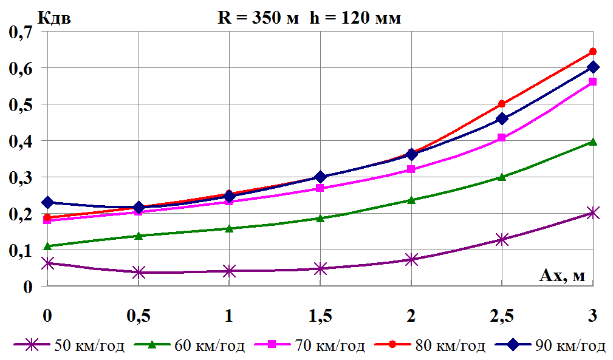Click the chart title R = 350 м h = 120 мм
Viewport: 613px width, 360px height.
tap(309, 18)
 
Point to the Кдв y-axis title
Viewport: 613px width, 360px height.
tap(55, 18)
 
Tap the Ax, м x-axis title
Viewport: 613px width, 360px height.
tap(562, 276)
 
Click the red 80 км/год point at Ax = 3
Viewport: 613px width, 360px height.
tap(593, 52)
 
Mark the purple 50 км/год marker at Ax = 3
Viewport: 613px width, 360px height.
tap(593, 212)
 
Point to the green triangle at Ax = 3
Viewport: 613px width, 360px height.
tap(593, 142)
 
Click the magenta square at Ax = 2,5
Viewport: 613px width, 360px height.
tap(502, 138)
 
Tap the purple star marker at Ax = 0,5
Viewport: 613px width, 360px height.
tap(139, 272)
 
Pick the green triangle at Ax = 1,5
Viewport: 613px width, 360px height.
tap(320, 218)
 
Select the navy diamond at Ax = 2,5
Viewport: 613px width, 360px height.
tap(502, 118)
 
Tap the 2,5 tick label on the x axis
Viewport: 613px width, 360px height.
tap(502, 316)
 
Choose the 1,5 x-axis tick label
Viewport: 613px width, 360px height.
tap(320, 316)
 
